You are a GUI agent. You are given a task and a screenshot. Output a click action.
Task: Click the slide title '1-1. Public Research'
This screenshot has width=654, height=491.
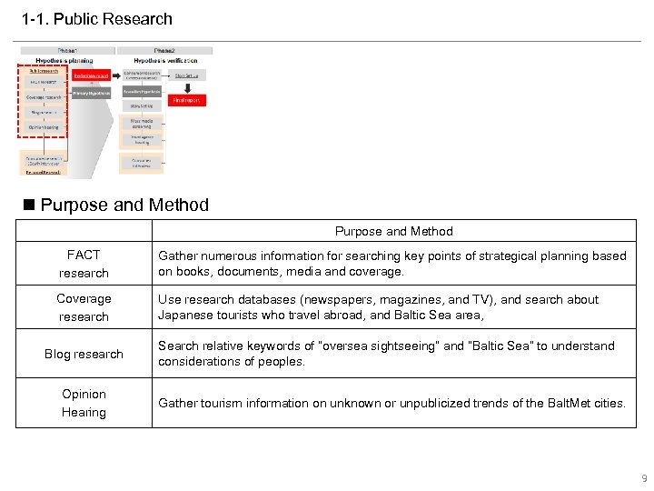tap(97, 19)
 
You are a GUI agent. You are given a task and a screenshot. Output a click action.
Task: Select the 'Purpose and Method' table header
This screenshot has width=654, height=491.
tap(393, 231)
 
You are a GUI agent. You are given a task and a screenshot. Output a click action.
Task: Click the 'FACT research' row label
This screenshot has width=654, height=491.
tap(84, 264)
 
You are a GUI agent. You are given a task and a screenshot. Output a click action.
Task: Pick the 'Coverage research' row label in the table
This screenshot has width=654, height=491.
tap(84, 307)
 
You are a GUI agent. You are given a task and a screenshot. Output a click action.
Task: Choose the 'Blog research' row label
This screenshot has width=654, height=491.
tap(84, 354)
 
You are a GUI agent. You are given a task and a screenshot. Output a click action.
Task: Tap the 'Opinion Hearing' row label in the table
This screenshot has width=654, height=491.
tap(84, 403)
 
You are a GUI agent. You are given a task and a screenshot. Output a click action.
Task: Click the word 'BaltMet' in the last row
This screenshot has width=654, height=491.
tap(560, 403)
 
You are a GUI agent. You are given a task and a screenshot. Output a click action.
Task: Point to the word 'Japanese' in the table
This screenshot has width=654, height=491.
tap(186, 316)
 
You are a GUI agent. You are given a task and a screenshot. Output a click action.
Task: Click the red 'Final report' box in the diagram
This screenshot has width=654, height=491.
tap(186, 100)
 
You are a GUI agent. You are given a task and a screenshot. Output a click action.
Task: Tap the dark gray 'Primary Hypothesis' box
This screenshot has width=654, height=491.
tap(93, 92)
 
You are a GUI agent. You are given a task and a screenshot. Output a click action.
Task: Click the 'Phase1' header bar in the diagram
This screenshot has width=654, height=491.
tap(67, 51)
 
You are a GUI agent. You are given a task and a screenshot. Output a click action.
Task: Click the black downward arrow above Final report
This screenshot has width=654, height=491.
tap(186, 88)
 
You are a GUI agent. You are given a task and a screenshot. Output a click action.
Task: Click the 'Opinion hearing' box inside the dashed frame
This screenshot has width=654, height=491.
tap(44, 127)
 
